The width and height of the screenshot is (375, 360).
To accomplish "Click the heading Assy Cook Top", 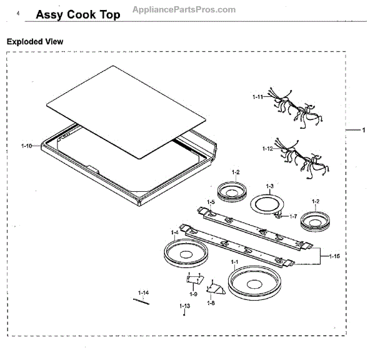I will click(x=78, y=14).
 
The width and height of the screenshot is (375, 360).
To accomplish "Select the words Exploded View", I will click(x=35, y=41).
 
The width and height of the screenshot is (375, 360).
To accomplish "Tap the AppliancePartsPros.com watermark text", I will click(x=184, y=9).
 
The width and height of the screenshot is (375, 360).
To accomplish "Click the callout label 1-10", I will click(x=26, y=145).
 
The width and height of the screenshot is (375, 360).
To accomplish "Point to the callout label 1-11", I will click(x=257, y=97).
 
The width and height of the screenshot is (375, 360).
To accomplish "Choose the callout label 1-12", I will click(x=267, y=149).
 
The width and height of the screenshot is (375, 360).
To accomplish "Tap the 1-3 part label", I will click(x=270, y=186).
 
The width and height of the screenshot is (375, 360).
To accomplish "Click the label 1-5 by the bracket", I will click(x=211, y=202).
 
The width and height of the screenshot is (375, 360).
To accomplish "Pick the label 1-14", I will click(x=144, y=292).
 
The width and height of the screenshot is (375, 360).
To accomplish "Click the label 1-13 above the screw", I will click(x=184, y=306).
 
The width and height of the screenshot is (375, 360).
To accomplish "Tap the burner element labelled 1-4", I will click(x=186, y=254).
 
